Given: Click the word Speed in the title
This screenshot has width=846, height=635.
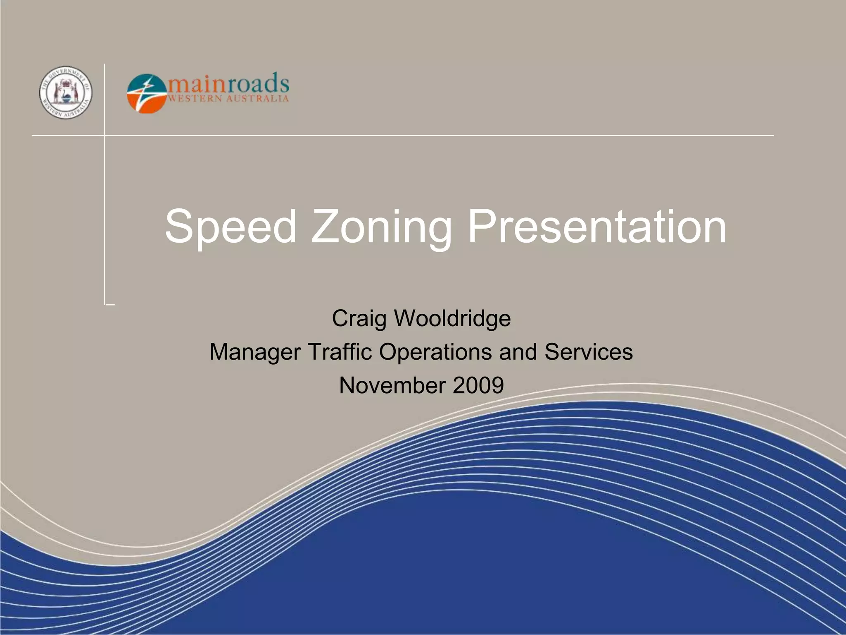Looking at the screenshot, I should coord(231,227).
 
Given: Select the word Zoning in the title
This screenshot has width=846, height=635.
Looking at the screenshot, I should coord(381,227).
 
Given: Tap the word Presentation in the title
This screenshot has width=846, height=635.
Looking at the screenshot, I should coord(596,227).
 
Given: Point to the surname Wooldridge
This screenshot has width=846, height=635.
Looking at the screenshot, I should coord(452,319).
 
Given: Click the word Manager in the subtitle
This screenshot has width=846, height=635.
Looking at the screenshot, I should coord(255,352).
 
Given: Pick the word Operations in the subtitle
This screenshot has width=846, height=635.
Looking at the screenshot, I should coord(435,352).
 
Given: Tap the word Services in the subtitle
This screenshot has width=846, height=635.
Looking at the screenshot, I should coord(588,352).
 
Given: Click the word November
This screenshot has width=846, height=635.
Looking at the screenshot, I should coord(392,385).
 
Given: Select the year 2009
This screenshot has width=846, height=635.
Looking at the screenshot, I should coord(478,385).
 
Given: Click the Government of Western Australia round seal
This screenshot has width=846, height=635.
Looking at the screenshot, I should coord(66,93).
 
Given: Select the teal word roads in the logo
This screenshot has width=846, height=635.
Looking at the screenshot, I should coord(258,84).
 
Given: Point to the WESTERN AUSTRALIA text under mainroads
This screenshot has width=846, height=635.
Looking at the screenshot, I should coord(228,99).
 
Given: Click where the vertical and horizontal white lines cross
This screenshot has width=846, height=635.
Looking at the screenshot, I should coord(105,135).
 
